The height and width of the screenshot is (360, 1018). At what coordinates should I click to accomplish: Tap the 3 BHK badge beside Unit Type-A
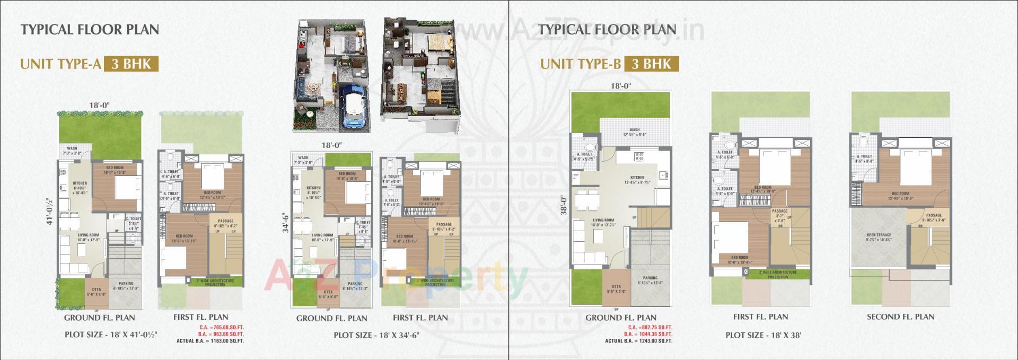[131, 64]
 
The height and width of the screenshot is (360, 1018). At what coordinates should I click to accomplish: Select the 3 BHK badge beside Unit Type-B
[651, 64]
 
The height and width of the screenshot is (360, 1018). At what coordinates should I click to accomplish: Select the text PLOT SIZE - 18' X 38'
[763, 335]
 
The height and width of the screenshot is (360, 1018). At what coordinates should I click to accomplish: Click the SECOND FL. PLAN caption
[900, 317]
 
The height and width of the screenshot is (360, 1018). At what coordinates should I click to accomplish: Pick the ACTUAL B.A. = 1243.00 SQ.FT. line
[638, 341]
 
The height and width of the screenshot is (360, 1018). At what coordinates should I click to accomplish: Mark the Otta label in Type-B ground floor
[616, 288]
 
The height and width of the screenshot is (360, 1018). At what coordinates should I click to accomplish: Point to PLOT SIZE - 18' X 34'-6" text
[376, 335]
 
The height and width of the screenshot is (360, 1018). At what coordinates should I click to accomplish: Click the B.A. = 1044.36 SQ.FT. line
[648, 334]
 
